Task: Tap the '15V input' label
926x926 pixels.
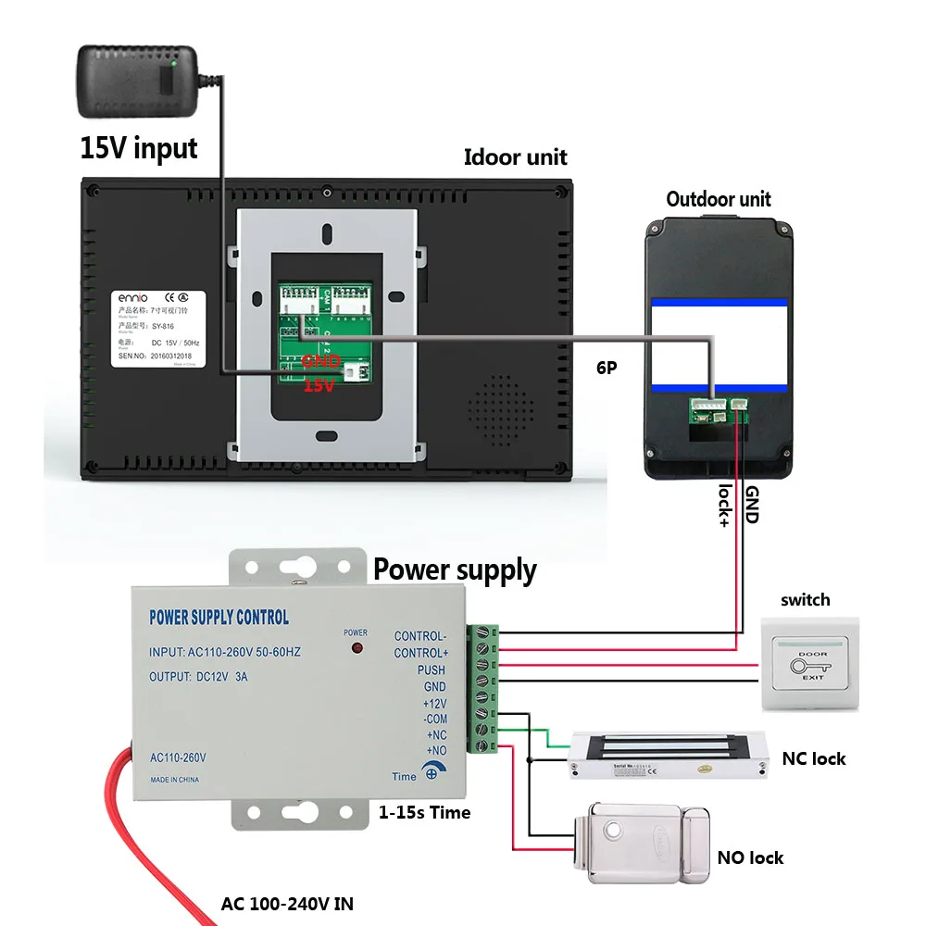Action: click(x=139, y=148)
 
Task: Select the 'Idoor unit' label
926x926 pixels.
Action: click(x=515, y=157)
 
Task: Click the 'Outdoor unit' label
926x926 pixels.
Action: click(x=718, y=199)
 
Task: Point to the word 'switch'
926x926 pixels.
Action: click(x=805, y=600)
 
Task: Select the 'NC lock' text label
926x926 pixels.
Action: click(x=814, y=759)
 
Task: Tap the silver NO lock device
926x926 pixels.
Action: click(x=644, y=838)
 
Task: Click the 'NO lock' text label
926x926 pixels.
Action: click(x=750, y=857)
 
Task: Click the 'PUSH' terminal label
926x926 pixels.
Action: click(x=431, y=669)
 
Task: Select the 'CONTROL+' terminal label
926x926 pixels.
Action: click(x=419, y=653)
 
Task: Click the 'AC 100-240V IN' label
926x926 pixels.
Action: click(x=287, y=903)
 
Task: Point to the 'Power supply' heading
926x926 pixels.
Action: click(x=455, y=570)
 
